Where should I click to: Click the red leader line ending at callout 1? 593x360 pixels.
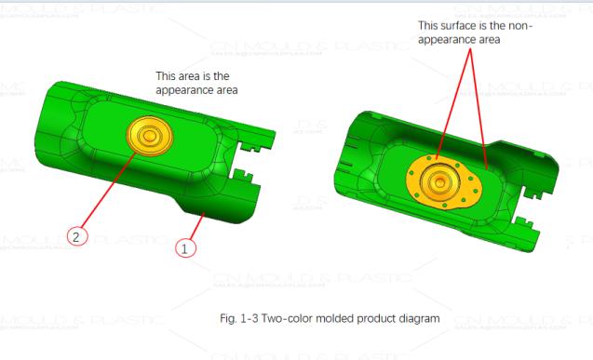point(193,228)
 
